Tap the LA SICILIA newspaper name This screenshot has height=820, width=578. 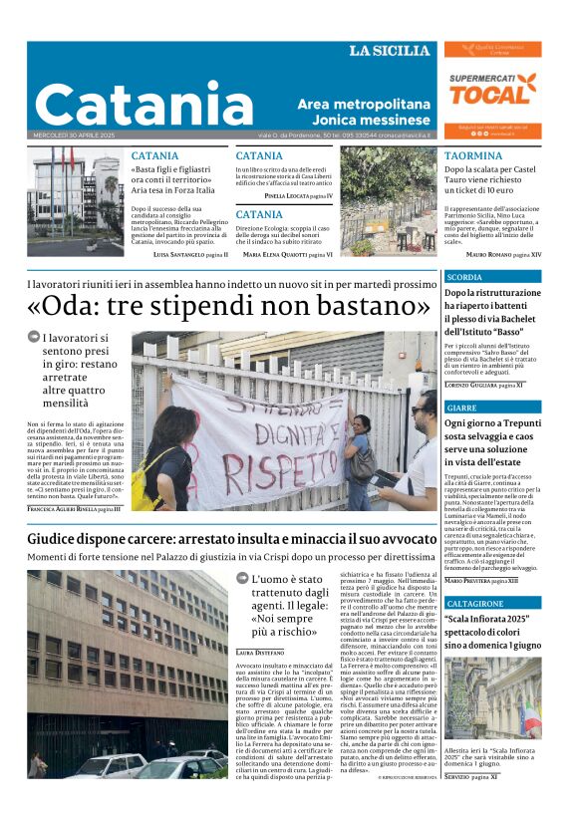pyautogui.click(x=390, y=51)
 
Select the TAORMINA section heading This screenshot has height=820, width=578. pyautogui.click(x=473, y=156)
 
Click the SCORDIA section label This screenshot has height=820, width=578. pyautogui.click(x=464, y=277)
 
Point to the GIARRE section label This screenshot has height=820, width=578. pyautogui.click(x=461, y=409)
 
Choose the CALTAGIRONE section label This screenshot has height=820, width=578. pyautogui.click(x=475, y=604)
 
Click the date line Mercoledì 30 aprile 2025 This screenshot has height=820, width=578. pyautogui.click(x=75, y=136)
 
